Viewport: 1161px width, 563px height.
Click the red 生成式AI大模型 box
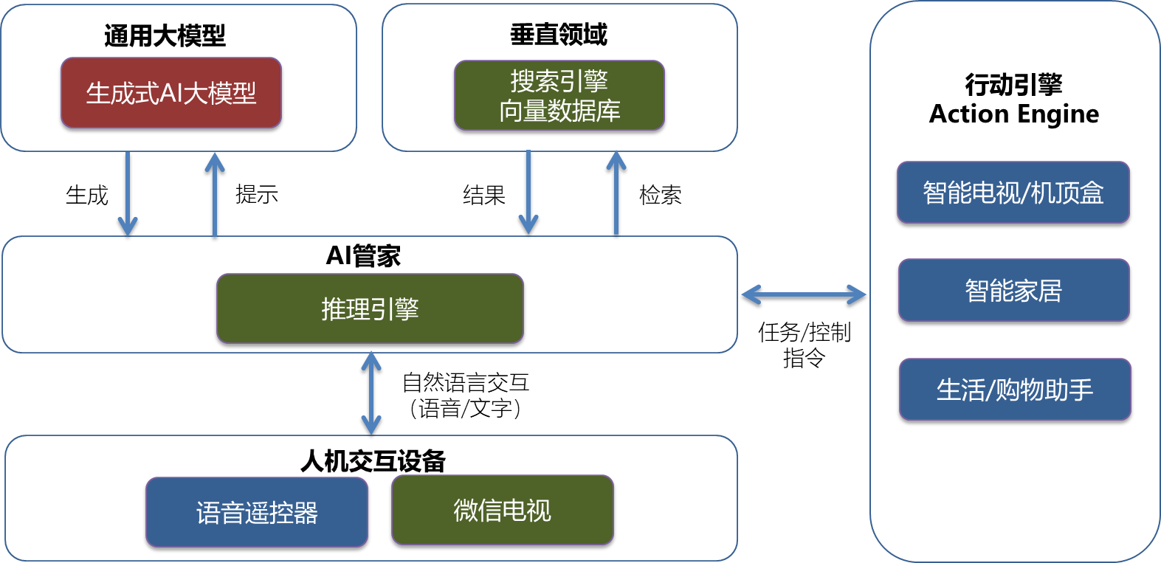[x=171, y=93]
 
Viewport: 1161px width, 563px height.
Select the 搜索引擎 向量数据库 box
[x=559, y=95]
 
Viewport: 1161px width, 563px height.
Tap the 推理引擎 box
[x=370, y=308]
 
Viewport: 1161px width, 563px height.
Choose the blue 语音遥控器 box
[x=256, y=512]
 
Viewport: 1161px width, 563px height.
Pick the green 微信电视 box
[x=502, y=510]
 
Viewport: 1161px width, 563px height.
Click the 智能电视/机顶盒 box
[x=1013, y=193]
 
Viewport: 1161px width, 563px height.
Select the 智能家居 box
[x=1013, y=290]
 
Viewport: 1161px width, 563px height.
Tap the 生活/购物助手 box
[x=1015, y=390]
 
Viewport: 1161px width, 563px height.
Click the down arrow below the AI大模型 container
[x=128, y=193]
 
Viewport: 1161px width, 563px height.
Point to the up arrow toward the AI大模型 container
[x=215, y=193]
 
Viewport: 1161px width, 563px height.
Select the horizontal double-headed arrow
[x=804, y=294]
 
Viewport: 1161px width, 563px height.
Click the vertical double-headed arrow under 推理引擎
[x=371, y=393]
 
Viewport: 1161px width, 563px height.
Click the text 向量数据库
[x=559, y=111]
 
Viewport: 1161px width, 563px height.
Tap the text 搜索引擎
[x=559, y=80]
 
